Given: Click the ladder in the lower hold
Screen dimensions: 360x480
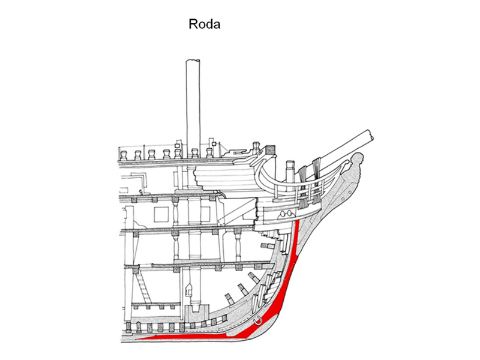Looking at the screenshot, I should point(145,282).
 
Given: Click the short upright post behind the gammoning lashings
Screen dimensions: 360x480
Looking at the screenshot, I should point(289,171).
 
